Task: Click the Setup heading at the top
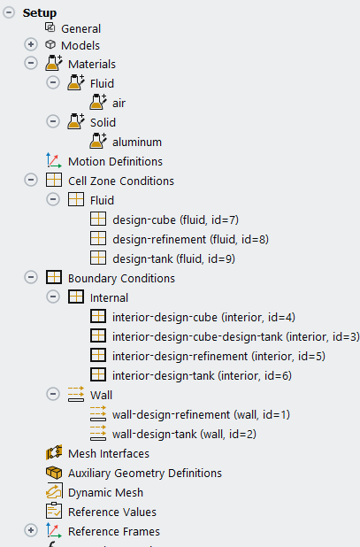point(40,13)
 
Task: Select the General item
point(80,28)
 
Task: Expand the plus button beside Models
point(31,44)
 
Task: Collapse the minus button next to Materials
point(31,63)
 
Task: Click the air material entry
point(119,104)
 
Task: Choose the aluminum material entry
point(137,142)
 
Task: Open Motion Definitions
point(115,161)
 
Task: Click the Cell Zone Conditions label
point(121,181)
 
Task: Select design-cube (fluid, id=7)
point(176,220)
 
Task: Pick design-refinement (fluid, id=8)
point(191,239)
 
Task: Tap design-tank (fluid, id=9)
point(174,258)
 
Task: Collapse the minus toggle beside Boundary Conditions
point(31,277)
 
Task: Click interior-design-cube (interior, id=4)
point(203,317)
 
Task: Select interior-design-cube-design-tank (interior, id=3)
point(235,336)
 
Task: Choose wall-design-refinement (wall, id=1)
point(201,414)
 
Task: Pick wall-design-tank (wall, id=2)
point(184,434)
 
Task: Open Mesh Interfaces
point(109,453)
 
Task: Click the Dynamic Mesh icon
point(54,492)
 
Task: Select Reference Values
point(112,512)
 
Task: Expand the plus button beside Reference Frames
point(31,530)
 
